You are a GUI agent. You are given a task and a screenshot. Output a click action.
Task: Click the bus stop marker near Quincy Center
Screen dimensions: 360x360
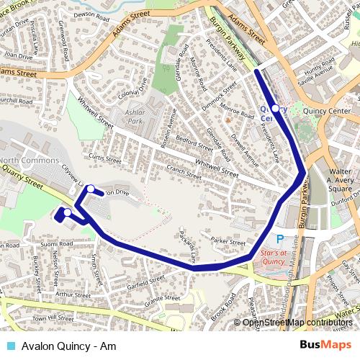[x=275, y=108]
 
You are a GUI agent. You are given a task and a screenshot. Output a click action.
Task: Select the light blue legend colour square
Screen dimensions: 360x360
[x=8, y=344]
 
